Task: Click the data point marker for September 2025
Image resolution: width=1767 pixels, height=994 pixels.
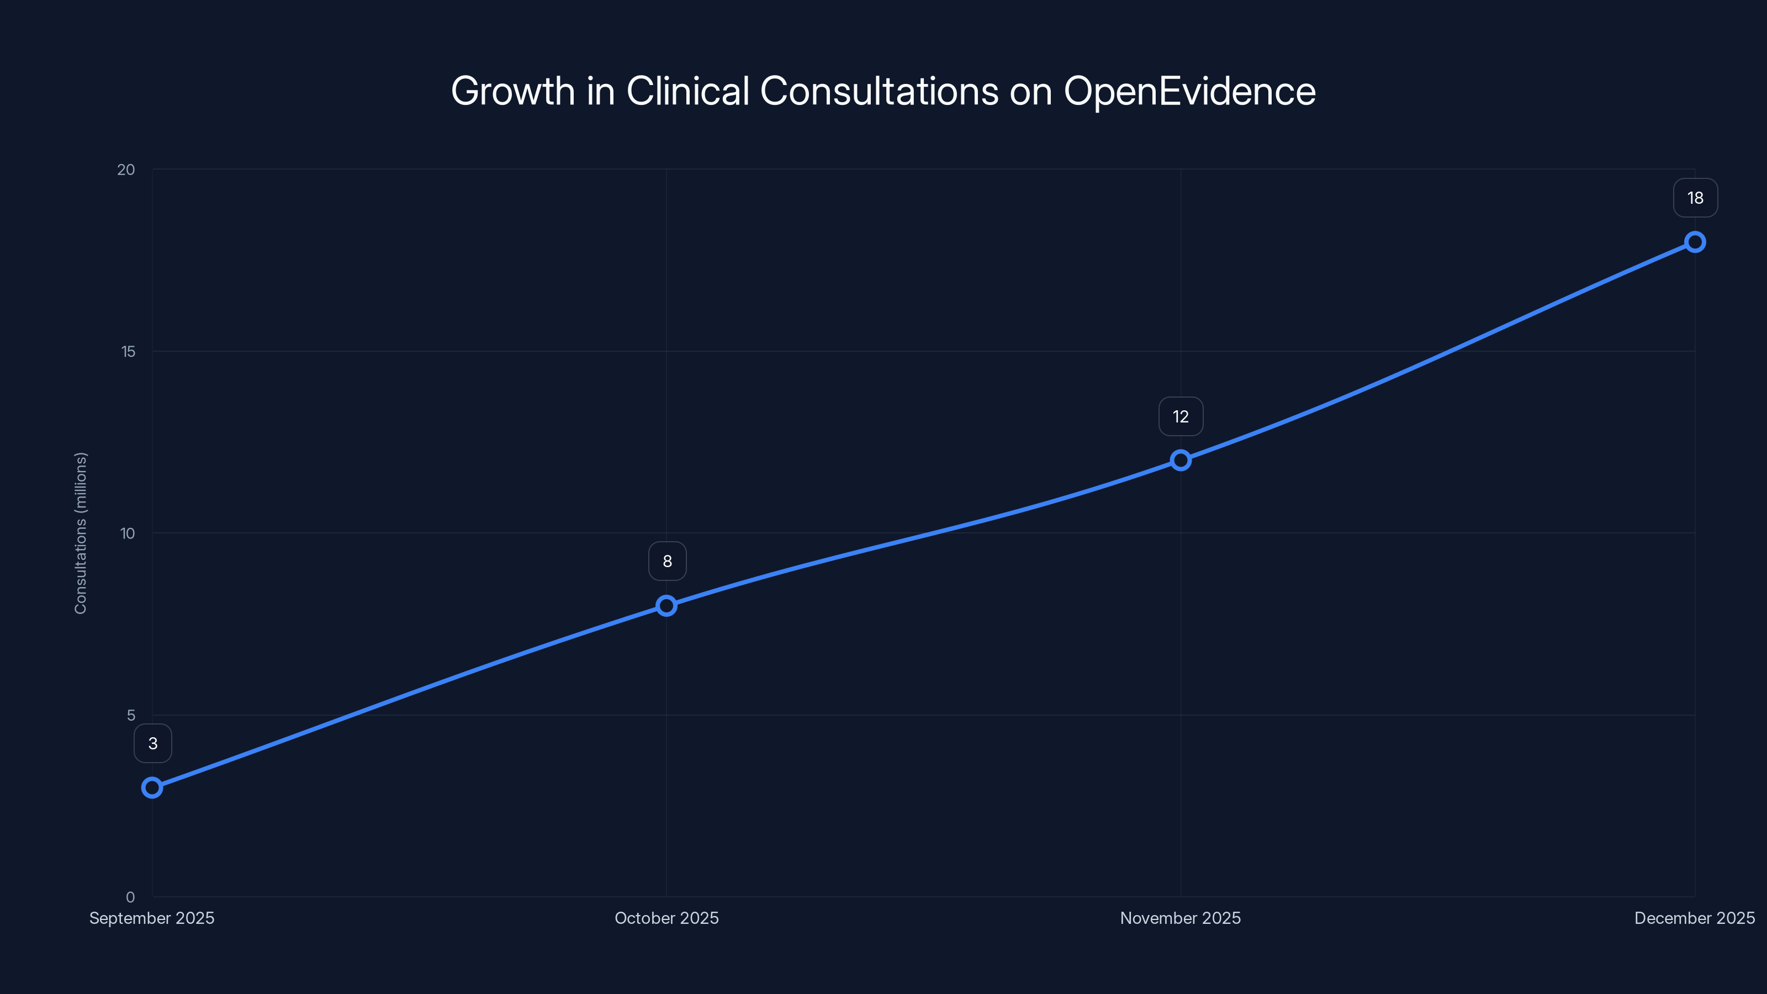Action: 152,787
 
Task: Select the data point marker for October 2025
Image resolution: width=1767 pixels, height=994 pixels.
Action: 666,606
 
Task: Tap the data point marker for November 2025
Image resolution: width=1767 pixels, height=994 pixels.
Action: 1181,461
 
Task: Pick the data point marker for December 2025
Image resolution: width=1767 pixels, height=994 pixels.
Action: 1695,242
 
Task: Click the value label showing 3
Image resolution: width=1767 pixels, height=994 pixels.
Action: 153,744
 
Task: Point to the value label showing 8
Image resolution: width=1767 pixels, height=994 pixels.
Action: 668,561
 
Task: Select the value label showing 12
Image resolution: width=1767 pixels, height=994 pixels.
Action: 1181,416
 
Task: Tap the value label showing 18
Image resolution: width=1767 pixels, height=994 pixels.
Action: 1695,198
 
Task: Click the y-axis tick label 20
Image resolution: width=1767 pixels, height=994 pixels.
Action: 126,170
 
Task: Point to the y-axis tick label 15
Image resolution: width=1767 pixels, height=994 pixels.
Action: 128,351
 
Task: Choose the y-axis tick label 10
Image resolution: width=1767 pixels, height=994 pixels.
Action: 128,533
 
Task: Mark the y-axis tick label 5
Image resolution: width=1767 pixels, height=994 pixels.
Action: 131,715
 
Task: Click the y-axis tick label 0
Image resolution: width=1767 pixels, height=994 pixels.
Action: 130,897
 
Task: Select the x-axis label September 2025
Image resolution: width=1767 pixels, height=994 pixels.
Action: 152,918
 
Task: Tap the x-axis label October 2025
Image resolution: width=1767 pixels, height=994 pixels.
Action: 666,918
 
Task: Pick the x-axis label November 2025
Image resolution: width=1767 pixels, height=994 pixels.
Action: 1181,918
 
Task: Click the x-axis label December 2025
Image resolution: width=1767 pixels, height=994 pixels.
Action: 1694,918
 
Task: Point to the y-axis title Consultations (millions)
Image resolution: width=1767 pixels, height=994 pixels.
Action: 81,533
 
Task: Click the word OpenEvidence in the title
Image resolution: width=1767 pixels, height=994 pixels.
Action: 1189,91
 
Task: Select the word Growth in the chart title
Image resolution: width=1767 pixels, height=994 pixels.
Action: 512,91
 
